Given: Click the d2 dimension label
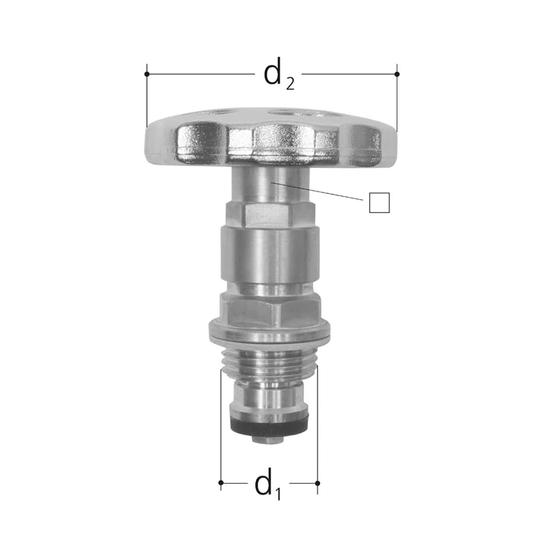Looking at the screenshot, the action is point(279,74).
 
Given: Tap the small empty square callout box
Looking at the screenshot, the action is point(379,202).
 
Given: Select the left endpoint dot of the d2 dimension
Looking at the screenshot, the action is point(147,74).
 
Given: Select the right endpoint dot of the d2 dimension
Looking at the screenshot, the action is point(397,74).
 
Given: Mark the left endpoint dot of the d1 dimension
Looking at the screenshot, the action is point(221,483).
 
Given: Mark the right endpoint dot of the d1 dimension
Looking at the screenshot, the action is point(317,483).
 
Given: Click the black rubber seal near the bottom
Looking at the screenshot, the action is point(269,426).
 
